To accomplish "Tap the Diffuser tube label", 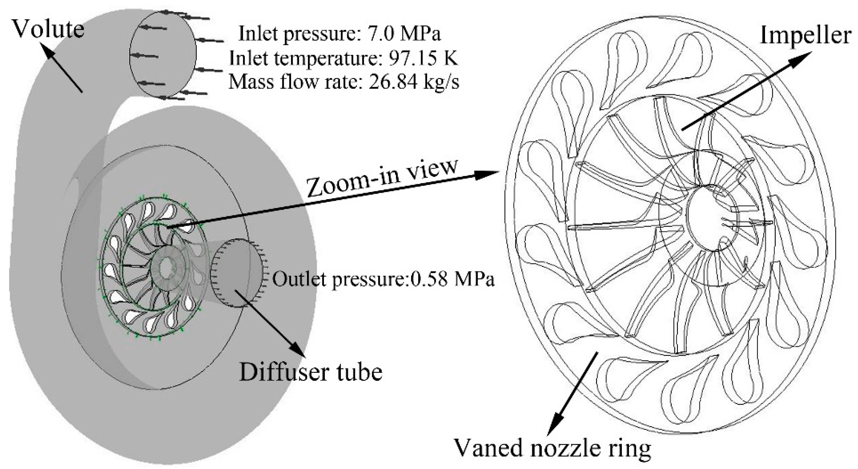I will [x=311, y=372].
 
